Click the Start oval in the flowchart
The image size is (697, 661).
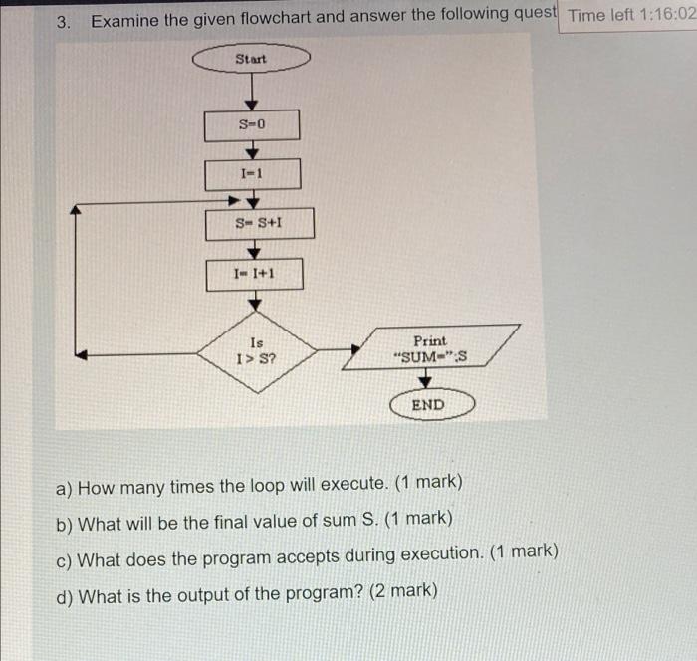251,60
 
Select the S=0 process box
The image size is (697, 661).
252,125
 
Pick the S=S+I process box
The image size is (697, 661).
260,223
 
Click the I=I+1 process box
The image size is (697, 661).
254,273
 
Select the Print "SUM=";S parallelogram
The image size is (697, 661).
431,347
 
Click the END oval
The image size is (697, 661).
428,405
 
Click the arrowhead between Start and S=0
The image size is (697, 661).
252,103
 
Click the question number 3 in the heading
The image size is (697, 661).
63,21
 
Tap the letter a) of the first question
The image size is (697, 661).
65,487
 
